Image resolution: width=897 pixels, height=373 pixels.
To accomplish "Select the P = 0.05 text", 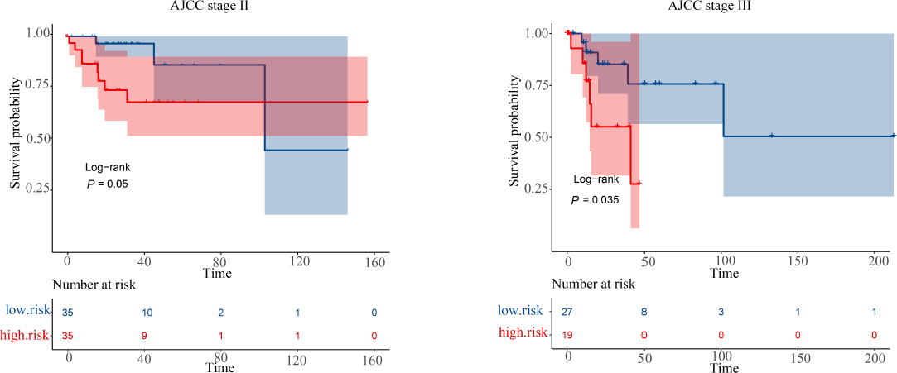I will (x=108, y=184).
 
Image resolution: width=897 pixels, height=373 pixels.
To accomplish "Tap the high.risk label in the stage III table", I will (x=523, y=333).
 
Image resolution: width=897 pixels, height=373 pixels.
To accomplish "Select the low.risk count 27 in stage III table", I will (x=568, y=312).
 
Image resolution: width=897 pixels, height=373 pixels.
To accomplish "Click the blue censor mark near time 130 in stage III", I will (x=771, y=136).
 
